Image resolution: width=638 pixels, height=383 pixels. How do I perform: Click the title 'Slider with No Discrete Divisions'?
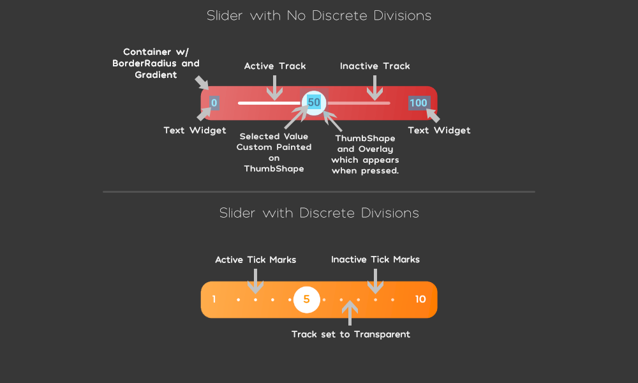pyautogui.click(x=319, y=15)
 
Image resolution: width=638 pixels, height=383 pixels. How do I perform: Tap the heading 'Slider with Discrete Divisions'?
pyautogui.click(x=319, y=213)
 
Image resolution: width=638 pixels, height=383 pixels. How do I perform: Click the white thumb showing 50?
pyautogui.click(x=313, y=102)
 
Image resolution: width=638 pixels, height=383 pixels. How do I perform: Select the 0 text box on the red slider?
pyautogui.click(x=214, y=103)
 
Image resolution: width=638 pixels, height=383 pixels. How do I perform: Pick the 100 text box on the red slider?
pyautogui.click(x=419, y=103)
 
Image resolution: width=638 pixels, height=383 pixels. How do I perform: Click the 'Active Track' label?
pyautogui.click(x=275, y=66)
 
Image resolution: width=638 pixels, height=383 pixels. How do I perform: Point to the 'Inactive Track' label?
pyautogui.click(x=375, y=66)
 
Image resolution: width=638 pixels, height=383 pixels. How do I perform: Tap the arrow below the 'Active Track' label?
pyautogui.click(x=275, y=86)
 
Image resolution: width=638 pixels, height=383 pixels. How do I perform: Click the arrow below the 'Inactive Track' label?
pyautogui.click(x=375, y=86)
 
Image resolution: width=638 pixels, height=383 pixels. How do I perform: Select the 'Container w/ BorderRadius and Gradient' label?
pyautogui.click(x=156, y=63)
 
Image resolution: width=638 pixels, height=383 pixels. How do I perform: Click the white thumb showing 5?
pyautogui.click(x=306, y=299)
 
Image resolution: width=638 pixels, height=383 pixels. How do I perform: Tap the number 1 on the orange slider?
pyautogui.click(x=214, y=299)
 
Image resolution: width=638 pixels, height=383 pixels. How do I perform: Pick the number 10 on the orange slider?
pyautogui.click(x=420, y=299)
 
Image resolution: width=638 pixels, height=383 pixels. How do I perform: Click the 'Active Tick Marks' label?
pyautogui.click(x=255, y=259)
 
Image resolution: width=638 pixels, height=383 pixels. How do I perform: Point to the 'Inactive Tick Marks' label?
pyautogui.click(x=375, y=259)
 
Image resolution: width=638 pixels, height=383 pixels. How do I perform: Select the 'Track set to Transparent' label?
pyautogui.click(x=350, y=334)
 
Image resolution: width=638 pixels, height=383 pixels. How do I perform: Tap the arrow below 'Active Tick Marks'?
pyautogui.click(x=255, y=280)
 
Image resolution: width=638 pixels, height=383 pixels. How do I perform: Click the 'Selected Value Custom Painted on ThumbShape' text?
pyautogui.click(x=274, y=153)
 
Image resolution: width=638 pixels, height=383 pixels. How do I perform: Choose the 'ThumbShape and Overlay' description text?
pyautogui.click(x=365, y=154)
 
